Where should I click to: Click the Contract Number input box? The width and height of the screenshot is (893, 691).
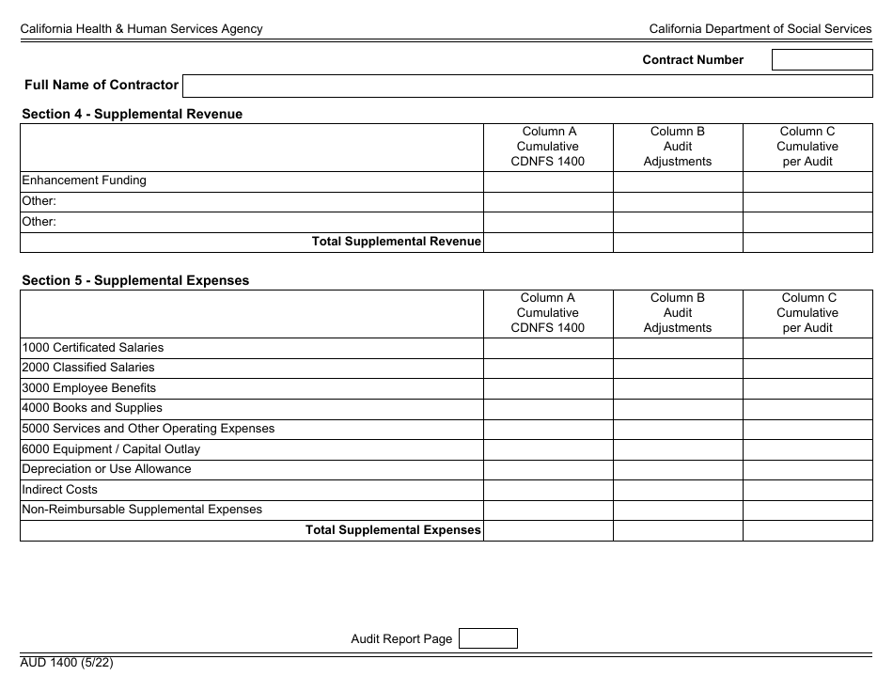click(x=822, y=60)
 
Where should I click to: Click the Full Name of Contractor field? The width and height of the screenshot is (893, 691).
click(x=526, y=86)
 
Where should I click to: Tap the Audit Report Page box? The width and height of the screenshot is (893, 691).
click(x=487, y=639)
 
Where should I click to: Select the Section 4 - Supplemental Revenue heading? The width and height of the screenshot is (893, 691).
click(x=132, y=114)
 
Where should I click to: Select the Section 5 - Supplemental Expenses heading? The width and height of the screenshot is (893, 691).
click(x=135, y=280)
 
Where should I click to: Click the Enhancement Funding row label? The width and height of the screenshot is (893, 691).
click(x=84, y=181)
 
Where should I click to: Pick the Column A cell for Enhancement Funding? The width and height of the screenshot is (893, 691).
click(x=548, y=181)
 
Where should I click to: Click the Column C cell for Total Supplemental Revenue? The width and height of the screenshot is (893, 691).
click(x=807, y=243)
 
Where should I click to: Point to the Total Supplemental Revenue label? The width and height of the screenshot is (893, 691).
click(x=396, y=242)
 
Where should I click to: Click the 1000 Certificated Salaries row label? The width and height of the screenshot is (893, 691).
click(x=92, y=348)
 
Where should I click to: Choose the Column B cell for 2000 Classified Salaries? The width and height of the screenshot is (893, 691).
click(x=678, y=369)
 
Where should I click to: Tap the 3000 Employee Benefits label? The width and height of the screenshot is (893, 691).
click(x=88, y=388)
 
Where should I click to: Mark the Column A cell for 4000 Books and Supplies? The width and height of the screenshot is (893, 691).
click(x=548, y=409)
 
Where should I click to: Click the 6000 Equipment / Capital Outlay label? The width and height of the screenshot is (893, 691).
click(x=111, y=449)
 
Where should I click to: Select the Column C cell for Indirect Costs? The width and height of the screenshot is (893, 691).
click(x=807, y=490)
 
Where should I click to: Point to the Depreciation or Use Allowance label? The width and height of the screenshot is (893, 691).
click(x=106, y=469)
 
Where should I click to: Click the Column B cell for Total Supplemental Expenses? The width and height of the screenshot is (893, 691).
click(x=678, y=530)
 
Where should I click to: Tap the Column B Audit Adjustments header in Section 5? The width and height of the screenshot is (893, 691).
click(x=678, y=313)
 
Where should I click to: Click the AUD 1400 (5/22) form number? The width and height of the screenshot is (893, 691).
click(x=68, y=662)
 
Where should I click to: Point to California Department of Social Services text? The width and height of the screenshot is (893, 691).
click(x=760, y=29)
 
